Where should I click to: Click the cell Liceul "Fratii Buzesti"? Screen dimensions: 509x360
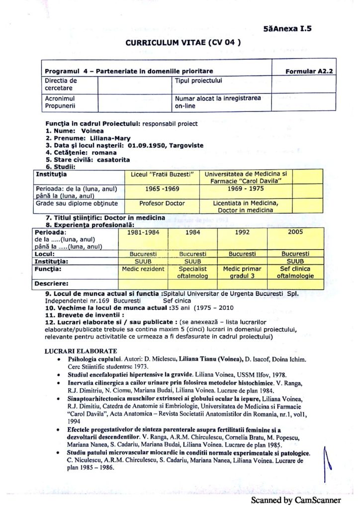(x=161, y=174)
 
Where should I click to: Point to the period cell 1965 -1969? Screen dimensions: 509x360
(x=161, y=189)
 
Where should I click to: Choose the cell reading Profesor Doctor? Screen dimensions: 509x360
(x=162, y=203)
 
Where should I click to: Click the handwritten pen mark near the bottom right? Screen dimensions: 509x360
(x=326, y=462)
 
